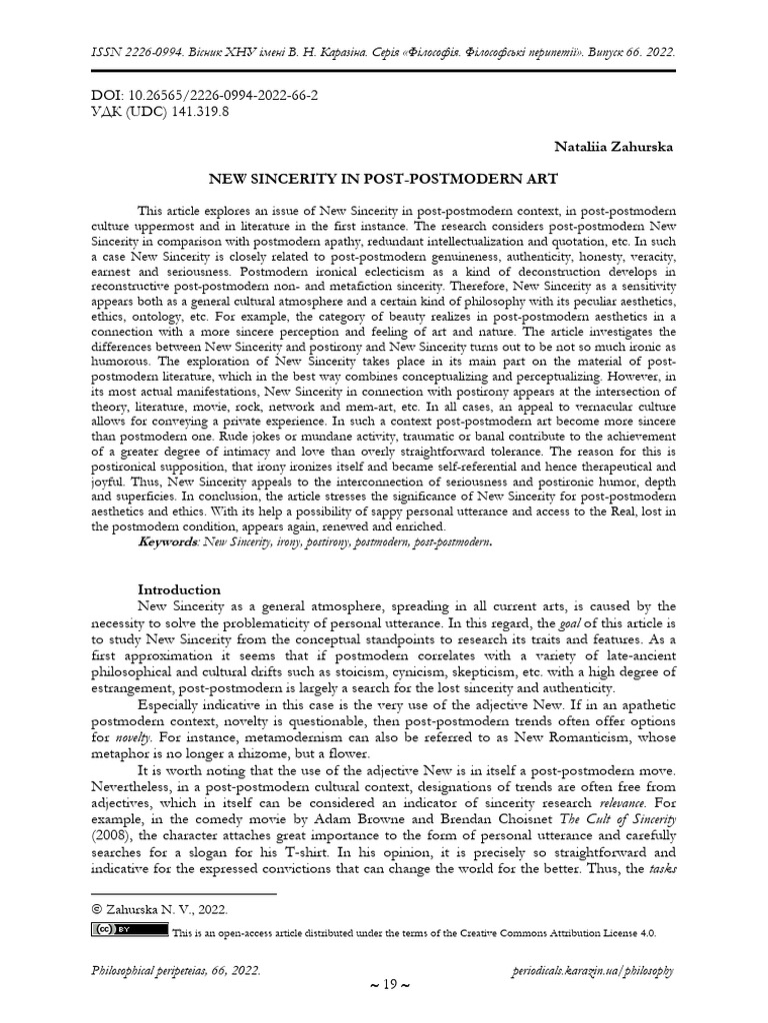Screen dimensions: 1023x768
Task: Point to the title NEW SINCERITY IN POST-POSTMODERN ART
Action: (382, 181)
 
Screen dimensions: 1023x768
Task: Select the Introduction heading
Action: (179, 589)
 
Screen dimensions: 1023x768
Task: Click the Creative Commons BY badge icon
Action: (130, 930)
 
